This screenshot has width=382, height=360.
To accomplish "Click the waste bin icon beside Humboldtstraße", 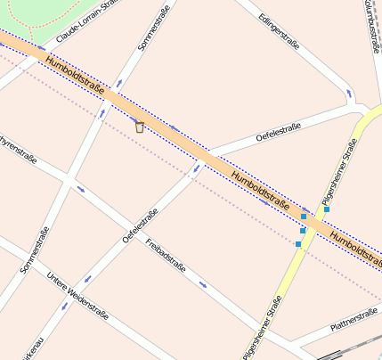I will click(139, 127).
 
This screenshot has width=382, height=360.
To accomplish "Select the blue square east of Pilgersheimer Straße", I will click(327, 209).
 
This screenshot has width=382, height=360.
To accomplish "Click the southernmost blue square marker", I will click(298, 244).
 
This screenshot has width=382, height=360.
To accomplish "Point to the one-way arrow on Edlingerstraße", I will click(348, 91).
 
